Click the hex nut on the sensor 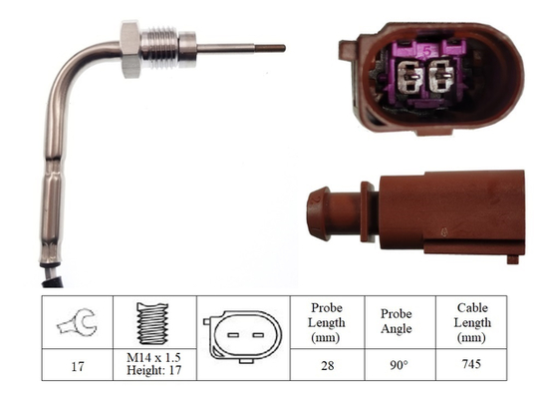pyautogui.click(x=131, y=49)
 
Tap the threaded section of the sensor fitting pyautogui.click(x=160, y=47)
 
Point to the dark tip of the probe pyautogui.click(x=270, y=48)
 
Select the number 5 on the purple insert pyautogui.click(x=427, y=52)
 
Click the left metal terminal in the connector pyautogui.click(x=409, y=77)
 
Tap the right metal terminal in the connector pyautogui.click(x=441, y=75)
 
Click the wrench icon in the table pyautogui.click(x=78, y=322)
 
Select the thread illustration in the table pyautogui.click(x=152, y=323)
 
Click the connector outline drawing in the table pyautogui.click(x=243, y=336)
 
